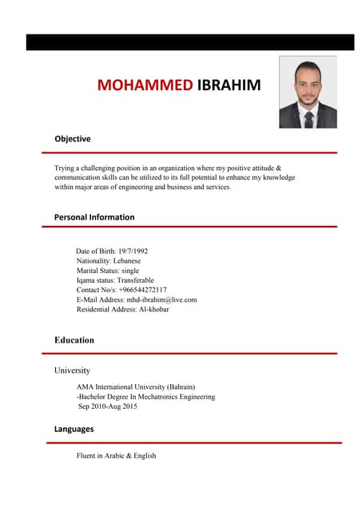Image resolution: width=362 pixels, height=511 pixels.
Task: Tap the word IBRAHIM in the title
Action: click(x=229, y=85)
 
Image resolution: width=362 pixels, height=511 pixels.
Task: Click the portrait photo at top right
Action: click(x=308, y=92)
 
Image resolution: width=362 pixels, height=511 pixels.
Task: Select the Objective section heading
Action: click(x=73, y=139)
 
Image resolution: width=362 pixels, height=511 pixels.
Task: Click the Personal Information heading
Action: click(x=94, y=217)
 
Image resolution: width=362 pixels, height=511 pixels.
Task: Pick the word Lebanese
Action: click(x=127, y=261)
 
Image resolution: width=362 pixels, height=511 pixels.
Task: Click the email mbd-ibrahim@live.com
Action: click(x=163, y=299)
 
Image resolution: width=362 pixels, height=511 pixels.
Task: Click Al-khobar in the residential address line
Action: click(x=154, y=309)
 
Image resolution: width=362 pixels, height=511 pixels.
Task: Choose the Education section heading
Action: click(x=74, y=340)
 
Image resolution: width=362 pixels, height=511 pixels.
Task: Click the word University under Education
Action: click(x=72, y=370)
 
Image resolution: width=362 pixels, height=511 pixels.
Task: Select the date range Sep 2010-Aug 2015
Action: click(x=108, y=406)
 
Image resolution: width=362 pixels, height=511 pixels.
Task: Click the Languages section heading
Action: click(x=74, y=429)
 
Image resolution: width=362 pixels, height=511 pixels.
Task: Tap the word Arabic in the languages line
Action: click(x=111, y=456)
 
